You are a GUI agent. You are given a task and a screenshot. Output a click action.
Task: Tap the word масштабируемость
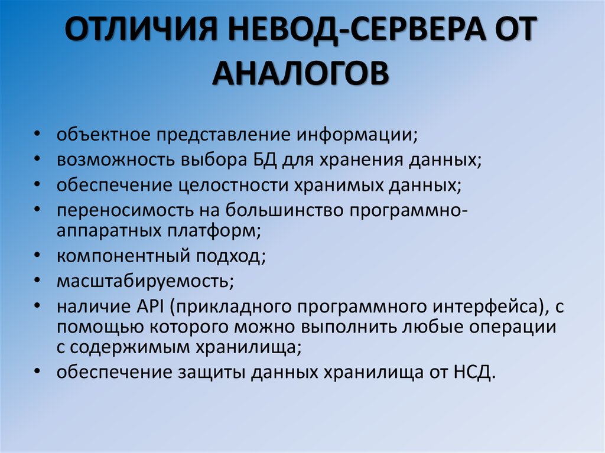(x=145, y=281)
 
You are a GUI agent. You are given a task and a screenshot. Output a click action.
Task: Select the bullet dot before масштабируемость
(x=38, y=281)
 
